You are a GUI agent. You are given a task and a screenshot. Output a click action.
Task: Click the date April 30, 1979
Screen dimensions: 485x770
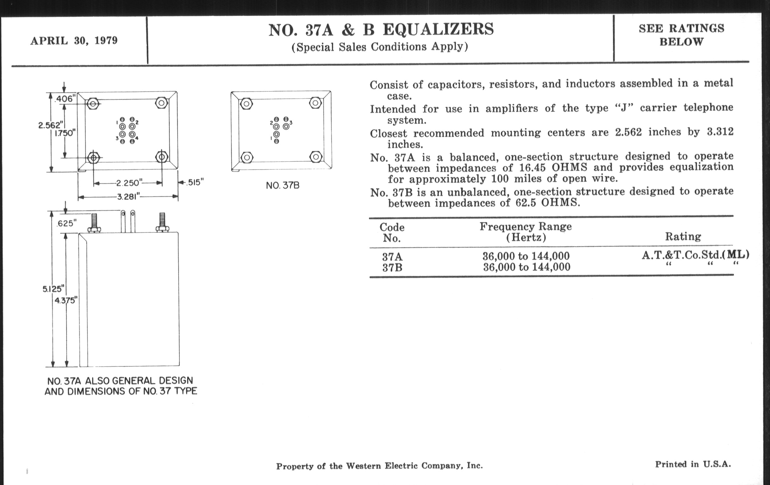click(x=74, y=41)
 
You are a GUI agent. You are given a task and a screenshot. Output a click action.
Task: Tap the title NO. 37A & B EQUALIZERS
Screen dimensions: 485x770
click(x=381, y=30)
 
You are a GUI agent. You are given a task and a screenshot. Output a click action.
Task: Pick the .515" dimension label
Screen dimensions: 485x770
click(x=195, y=183)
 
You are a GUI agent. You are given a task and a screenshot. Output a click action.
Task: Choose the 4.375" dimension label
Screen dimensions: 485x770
click(x=66, y=300)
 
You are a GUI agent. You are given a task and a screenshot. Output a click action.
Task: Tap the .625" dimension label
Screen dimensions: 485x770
click(x=66, y=223)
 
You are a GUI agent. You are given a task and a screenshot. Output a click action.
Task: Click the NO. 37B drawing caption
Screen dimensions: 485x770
click(x=283, y=185)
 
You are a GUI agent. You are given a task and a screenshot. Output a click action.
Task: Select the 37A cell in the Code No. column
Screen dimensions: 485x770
click(x=392, y=256)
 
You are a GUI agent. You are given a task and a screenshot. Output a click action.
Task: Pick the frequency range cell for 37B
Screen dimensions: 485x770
click(x=526, y=267)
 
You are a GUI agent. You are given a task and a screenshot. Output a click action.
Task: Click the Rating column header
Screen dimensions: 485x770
click(x=683, y=236)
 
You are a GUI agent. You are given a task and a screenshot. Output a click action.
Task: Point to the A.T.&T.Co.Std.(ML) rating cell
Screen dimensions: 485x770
click(x=695, y=255)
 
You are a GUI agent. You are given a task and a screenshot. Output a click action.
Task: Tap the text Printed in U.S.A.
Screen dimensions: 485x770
click(x=693, y=464)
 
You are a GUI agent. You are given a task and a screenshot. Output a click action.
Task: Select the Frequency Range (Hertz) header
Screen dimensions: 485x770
click(x=526, y=232)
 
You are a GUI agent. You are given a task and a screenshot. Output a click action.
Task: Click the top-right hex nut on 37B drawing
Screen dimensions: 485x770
click(x=315, y=103)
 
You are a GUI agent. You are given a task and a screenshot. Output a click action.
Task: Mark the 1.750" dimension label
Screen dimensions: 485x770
click(x=65, y=133)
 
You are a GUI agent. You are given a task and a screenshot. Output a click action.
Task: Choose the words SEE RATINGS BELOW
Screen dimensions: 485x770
click(x=681, y=35)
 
